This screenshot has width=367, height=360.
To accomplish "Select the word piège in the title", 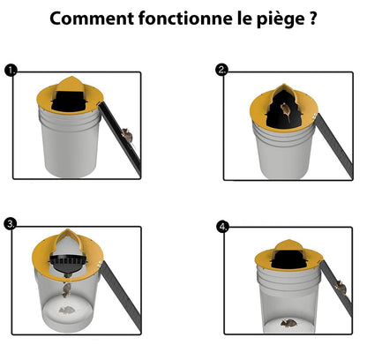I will (x=271, y=20).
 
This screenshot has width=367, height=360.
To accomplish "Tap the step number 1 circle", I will (x=10, y=71).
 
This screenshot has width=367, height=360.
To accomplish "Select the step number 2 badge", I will (x=222, y=71).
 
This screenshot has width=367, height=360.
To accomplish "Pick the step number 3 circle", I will (x=10, y=225).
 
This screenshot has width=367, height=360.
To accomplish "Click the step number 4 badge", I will (x=222, y=226).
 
